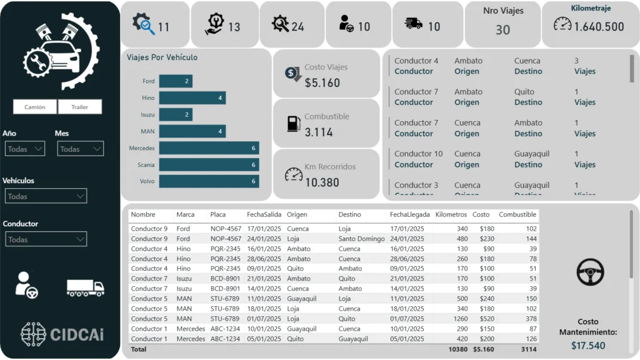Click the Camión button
pyautogui.click(x=35, y=107)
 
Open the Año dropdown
pyautogui.click(x=25, y=149)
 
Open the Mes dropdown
pyautogui.click(x=80, y=149)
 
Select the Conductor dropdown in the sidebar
pyautogui.click(x=46, y=239)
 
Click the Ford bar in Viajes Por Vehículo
pyautogui.click(x=176, y=81)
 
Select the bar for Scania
pyautogui.click(x=209, y=165)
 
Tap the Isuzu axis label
pyautogui.click(x=147, y=115)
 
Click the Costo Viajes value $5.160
pyautogui.click(x=322, y=83)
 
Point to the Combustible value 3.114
pyautogui.click(x=319, y=132)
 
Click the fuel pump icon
pyautogui.click(x=294, y=123)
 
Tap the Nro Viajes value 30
pyautogui.click(x=503, y=29)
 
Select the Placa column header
pyautogui.click(x=218, y=215)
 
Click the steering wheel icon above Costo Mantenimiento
pyautogui.click(x=590, y=272)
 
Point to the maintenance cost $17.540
pyautogui.click(x=588, y=346)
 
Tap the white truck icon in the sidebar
pyautogui.click(x=86, y=287)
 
